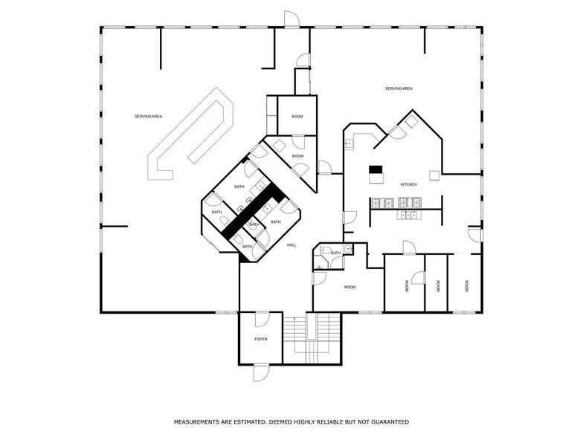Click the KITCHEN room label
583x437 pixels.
[x=408, y=184]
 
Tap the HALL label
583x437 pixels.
[x=291, y=245]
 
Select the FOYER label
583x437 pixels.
[x=260, y=339]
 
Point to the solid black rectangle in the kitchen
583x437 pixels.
[x=376, y=169]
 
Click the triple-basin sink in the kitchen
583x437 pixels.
[x=408, y=215]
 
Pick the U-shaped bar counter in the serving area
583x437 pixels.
[x=190, y=134]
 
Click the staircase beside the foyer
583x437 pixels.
[x=312, y=338]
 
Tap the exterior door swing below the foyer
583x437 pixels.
[x=261, y=373]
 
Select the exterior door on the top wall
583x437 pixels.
[x=291, y=19]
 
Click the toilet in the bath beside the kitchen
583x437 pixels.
[x=326, y=250]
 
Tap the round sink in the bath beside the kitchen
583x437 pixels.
[x=348, y=249]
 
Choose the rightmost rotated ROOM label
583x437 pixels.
[x=467, y=286]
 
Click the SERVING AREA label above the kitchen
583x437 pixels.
[x=399, y=88]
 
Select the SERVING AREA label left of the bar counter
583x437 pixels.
[x=149, y=116]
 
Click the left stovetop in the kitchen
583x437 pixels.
[x=382, y=203]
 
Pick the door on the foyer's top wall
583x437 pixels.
[x=262, y=320]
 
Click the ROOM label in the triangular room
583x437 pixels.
[x=297, y=156]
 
